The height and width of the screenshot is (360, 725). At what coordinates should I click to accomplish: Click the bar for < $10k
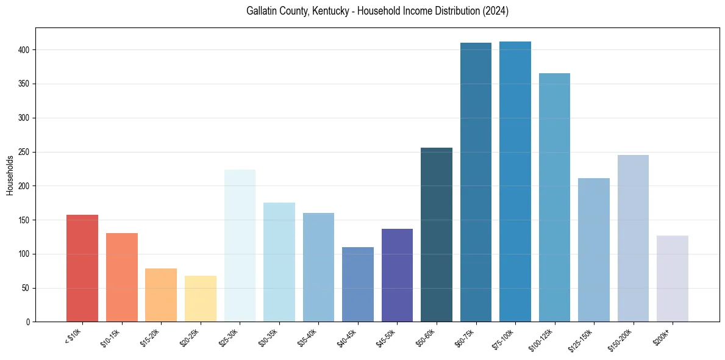(82, 268)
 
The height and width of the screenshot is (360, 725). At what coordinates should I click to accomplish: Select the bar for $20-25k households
(201, 299)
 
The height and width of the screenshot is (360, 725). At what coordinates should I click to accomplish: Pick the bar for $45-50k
(397, 275)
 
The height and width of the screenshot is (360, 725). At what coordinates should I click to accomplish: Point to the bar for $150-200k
(633, 239)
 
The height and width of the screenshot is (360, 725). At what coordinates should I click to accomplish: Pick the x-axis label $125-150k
(583, 339)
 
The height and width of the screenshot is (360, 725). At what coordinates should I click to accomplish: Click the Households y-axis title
(10, 175)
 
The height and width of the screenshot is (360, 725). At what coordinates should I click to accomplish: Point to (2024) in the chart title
(495, 12)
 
